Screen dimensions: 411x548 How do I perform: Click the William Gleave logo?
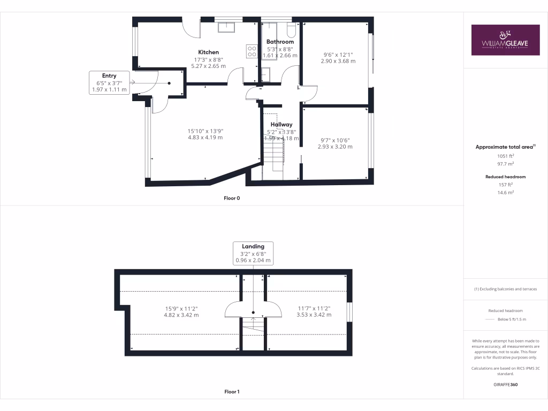tap(505, 40)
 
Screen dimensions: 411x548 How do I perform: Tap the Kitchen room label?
tap(208, 52)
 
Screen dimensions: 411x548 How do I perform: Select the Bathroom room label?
tap(280, 42)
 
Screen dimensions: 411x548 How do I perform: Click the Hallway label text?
tap(281, 124)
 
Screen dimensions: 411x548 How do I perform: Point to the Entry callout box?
tap(109, 83)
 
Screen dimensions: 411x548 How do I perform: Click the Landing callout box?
tap(253, 253)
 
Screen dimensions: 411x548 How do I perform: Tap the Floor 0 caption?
tap(232, 198)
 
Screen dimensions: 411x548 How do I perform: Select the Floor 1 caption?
tap(232, 392)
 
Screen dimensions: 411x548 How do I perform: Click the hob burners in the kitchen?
tap(251, 50)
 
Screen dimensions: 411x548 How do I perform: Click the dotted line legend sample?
tap(490, 319)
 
